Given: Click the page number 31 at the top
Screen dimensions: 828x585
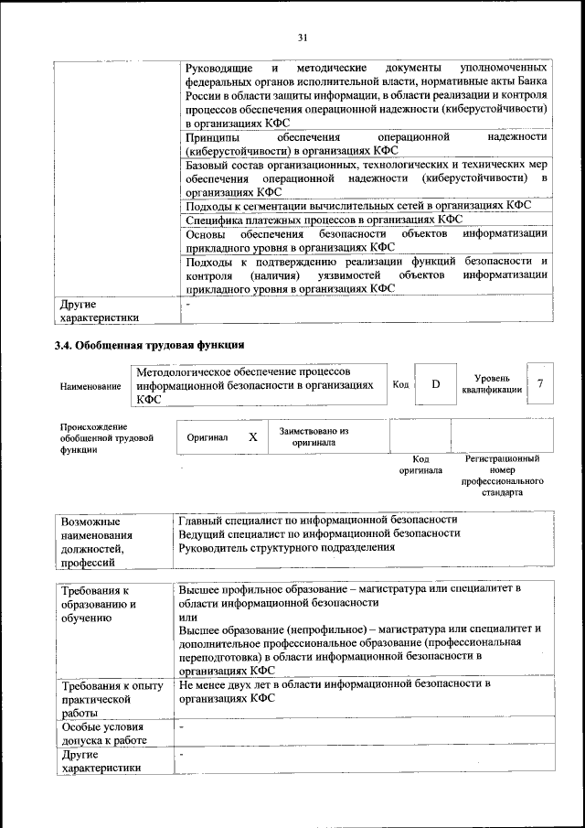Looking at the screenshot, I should coord(303,37).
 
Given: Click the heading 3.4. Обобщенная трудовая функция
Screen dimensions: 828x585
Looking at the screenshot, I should coord(149,345).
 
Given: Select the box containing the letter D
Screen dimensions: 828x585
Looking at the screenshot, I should coord(436,384).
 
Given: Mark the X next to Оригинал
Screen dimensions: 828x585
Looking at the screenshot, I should coord(252,437).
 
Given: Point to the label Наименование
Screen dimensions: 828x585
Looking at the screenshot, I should coord(90,387).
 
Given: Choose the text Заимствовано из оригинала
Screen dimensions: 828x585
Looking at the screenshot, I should coord(314,436).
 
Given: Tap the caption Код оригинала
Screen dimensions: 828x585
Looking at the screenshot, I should coord(420,465).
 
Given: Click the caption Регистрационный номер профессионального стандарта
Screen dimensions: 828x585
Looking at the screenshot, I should coord(503,474).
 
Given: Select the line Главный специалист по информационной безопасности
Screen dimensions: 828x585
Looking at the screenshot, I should coord(318,519).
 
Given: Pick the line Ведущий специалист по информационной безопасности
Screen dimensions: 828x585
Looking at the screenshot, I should coord(319,532).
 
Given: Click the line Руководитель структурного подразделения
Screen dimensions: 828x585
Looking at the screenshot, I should coord(287,547).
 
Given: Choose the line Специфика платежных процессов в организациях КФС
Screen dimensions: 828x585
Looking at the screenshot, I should coord(324,220).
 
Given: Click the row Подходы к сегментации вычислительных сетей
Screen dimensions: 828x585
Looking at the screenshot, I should coord(365,206).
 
